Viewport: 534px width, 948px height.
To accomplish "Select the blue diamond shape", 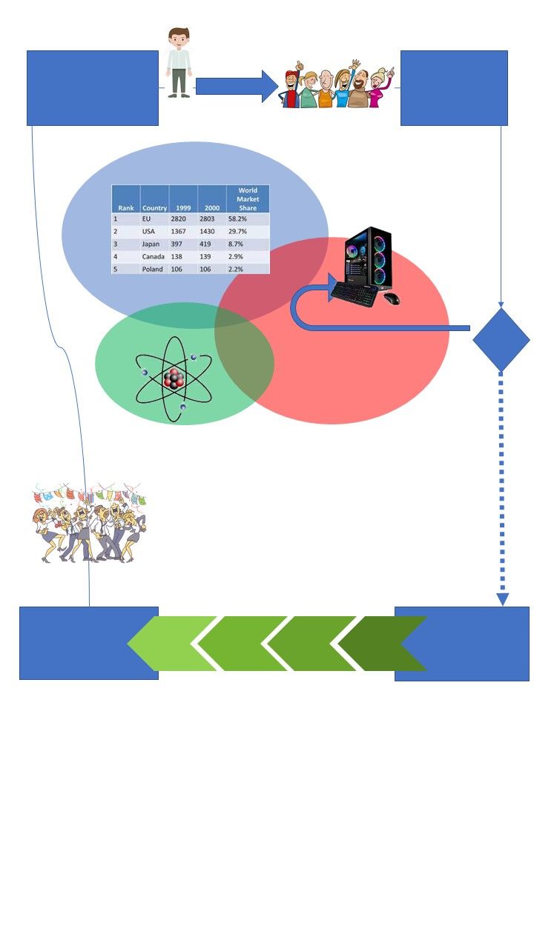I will click(501, 339).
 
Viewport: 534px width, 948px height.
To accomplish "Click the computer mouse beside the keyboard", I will click(391, 298).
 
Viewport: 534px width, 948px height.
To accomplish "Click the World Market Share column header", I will click(248, 199).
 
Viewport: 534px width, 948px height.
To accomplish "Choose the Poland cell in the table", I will click(153, 269).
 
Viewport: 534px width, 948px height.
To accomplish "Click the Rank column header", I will click(126, 208).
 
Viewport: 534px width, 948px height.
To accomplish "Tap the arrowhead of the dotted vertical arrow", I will click(502, 598).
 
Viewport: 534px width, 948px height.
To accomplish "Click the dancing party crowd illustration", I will click(89, 522).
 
